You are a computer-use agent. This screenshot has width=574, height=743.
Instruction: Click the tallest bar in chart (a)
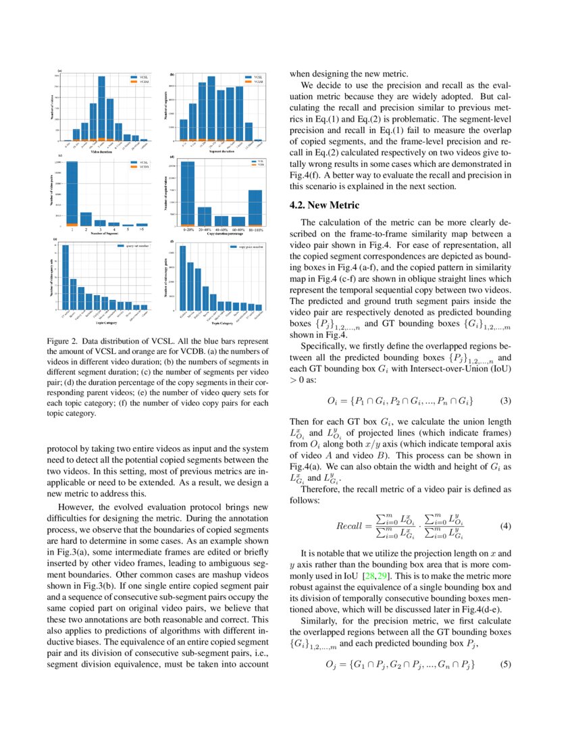(101, 108)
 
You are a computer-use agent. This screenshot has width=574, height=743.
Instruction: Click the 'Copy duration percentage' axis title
(216, 234)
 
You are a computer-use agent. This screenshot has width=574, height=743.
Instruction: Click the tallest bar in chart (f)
(182, 277)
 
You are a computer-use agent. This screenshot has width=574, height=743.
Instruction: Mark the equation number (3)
(506, 401)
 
